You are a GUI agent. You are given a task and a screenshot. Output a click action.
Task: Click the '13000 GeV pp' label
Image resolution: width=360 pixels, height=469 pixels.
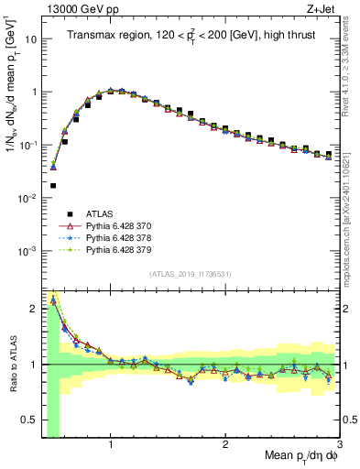[x=81, y=9]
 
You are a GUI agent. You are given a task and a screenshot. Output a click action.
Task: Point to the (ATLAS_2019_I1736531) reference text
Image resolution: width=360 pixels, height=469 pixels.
[x=191, y=274]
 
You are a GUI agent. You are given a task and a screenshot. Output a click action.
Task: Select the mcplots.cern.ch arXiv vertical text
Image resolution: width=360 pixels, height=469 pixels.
[x=353, y=211]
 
